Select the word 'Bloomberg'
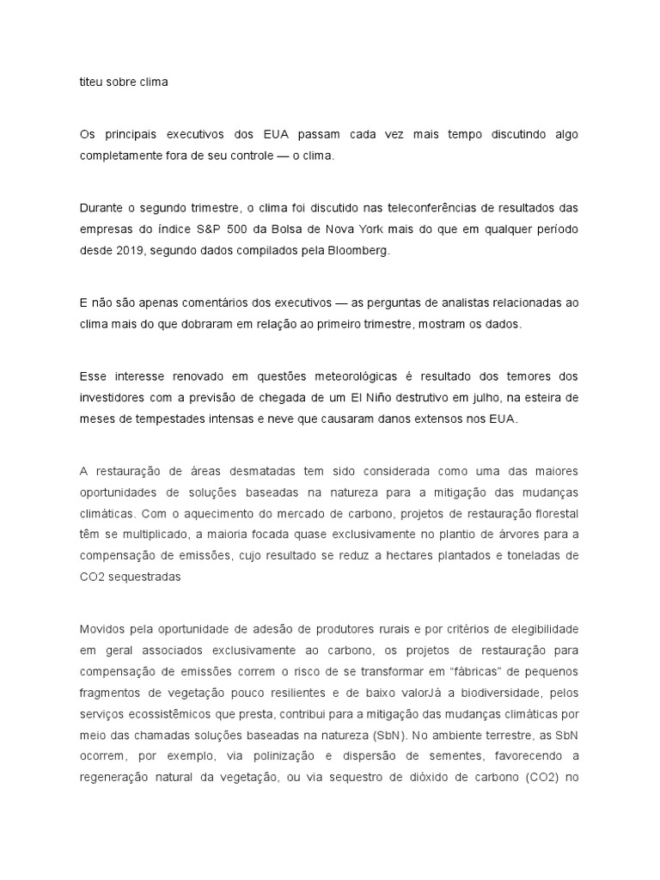(360, 249)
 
